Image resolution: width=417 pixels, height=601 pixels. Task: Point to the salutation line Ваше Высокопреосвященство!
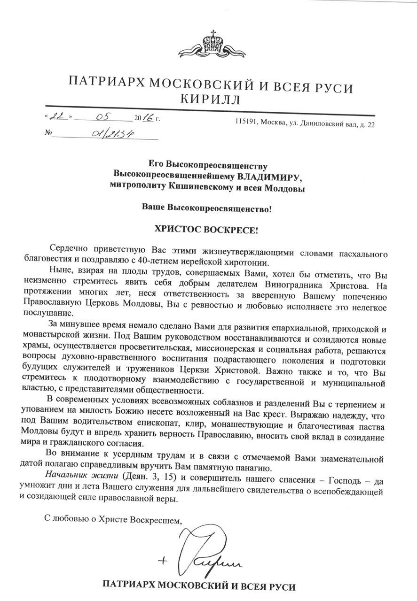point(207,208)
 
